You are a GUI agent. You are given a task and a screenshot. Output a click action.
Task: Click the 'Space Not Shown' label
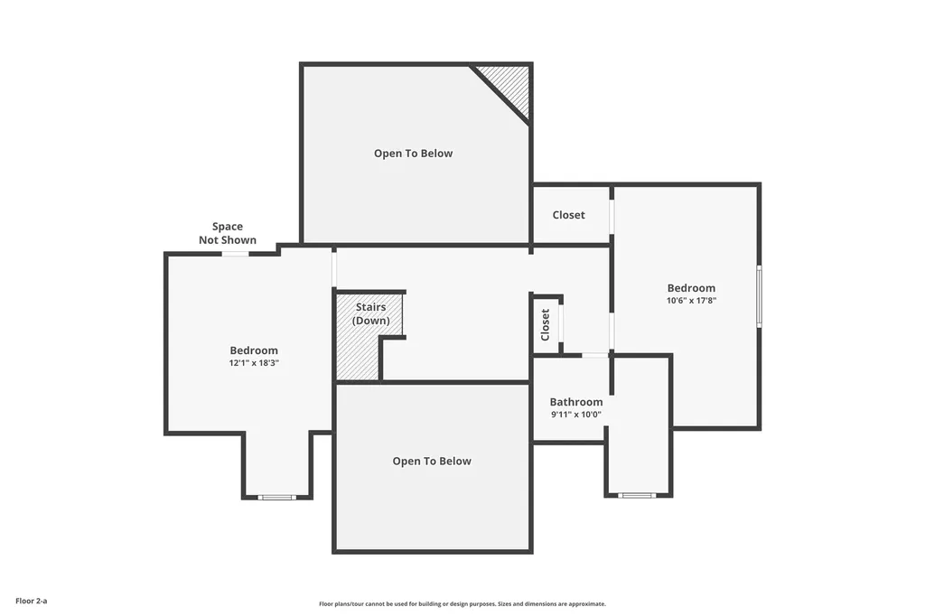pos(228,233)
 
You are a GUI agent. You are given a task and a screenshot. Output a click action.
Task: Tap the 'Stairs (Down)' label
pos(371,313)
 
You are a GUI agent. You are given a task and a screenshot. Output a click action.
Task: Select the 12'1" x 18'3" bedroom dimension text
pos(254,363)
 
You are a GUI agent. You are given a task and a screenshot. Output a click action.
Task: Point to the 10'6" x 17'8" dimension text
pos(691,301)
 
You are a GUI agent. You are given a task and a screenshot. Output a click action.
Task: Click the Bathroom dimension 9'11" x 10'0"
pos(576,415)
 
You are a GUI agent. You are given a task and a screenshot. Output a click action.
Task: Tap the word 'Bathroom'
pos(576,402)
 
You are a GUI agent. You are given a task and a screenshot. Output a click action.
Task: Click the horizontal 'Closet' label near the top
pos(569,215)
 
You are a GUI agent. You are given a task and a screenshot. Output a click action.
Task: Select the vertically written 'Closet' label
pos(545,324)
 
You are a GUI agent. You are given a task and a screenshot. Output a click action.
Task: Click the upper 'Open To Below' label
pos(413,154)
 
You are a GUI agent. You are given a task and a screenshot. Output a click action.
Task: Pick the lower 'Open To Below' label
pos(432,462)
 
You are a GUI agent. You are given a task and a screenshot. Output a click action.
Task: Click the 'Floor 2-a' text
pos(32,601)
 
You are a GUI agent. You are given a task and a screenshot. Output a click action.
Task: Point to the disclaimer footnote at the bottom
pos(462,603)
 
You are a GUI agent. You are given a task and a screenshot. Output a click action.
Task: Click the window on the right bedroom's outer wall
pos(759,296)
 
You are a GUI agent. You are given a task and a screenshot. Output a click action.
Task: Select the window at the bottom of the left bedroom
pos(277,498)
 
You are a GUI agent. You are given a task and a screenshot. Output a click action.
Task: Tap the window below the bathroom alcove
pos(637,495)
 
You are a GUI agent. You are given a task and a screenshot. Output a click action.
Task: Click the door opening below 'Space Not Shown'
pos(236,254)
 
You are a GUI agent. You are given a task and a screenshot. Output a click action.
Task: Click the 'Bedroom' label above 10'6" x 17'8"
pos(691,288)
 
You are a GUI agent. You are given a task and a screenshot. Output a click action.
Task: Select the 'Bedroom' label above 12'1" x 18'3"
pos(254,350)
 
